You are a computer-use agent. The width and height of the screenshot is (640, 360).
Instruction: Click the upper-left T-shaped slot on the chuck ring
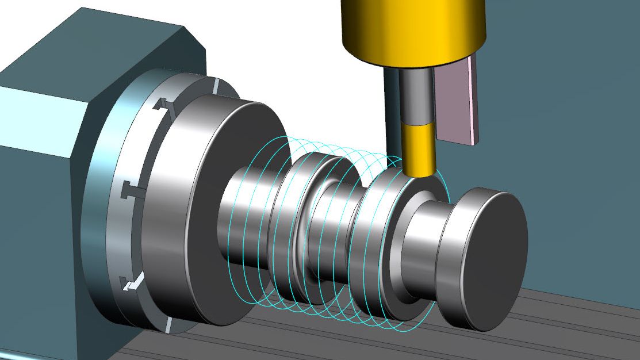tap(163, 105)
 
